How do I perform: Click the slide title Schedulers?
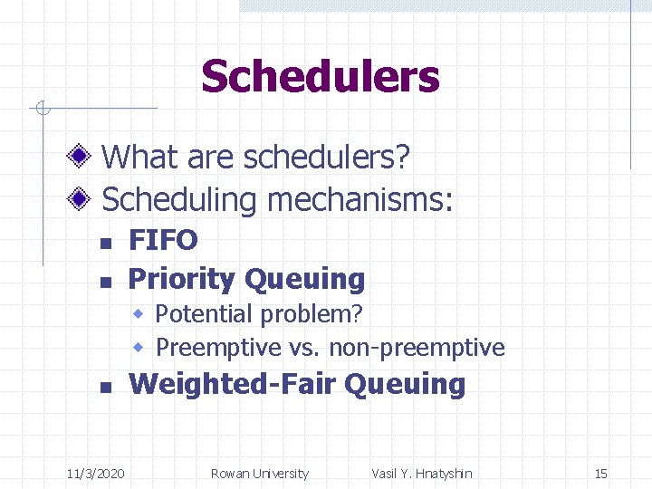click(320, 77)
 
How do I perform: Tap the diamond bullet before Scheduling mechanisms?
click(81, 198)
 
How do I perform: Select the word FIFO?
click(163, 240)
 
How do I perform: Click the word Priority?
click(182, 279)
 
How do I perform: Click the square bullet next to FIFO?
click(105, 243)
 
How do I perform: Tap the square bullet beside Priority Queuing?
click(105, 282)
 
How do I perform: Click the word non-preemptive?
click(417, 347)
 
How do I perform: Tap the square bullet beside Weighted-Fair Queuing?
click(105, 387)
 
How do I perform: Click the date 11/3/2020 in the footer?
click(96, 474)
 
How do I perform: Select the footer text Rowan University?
click(259, 474)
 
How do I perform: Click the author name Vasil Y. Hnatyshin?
click(421, 474)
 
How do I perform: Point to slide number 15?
click(600, 474)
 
